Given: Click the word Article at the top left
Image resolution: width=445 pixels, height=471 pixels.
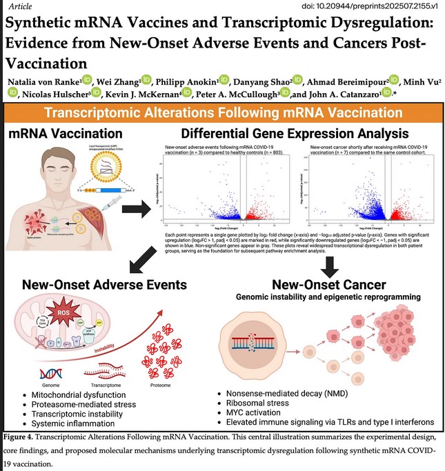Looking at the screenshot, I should point(18,5).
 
